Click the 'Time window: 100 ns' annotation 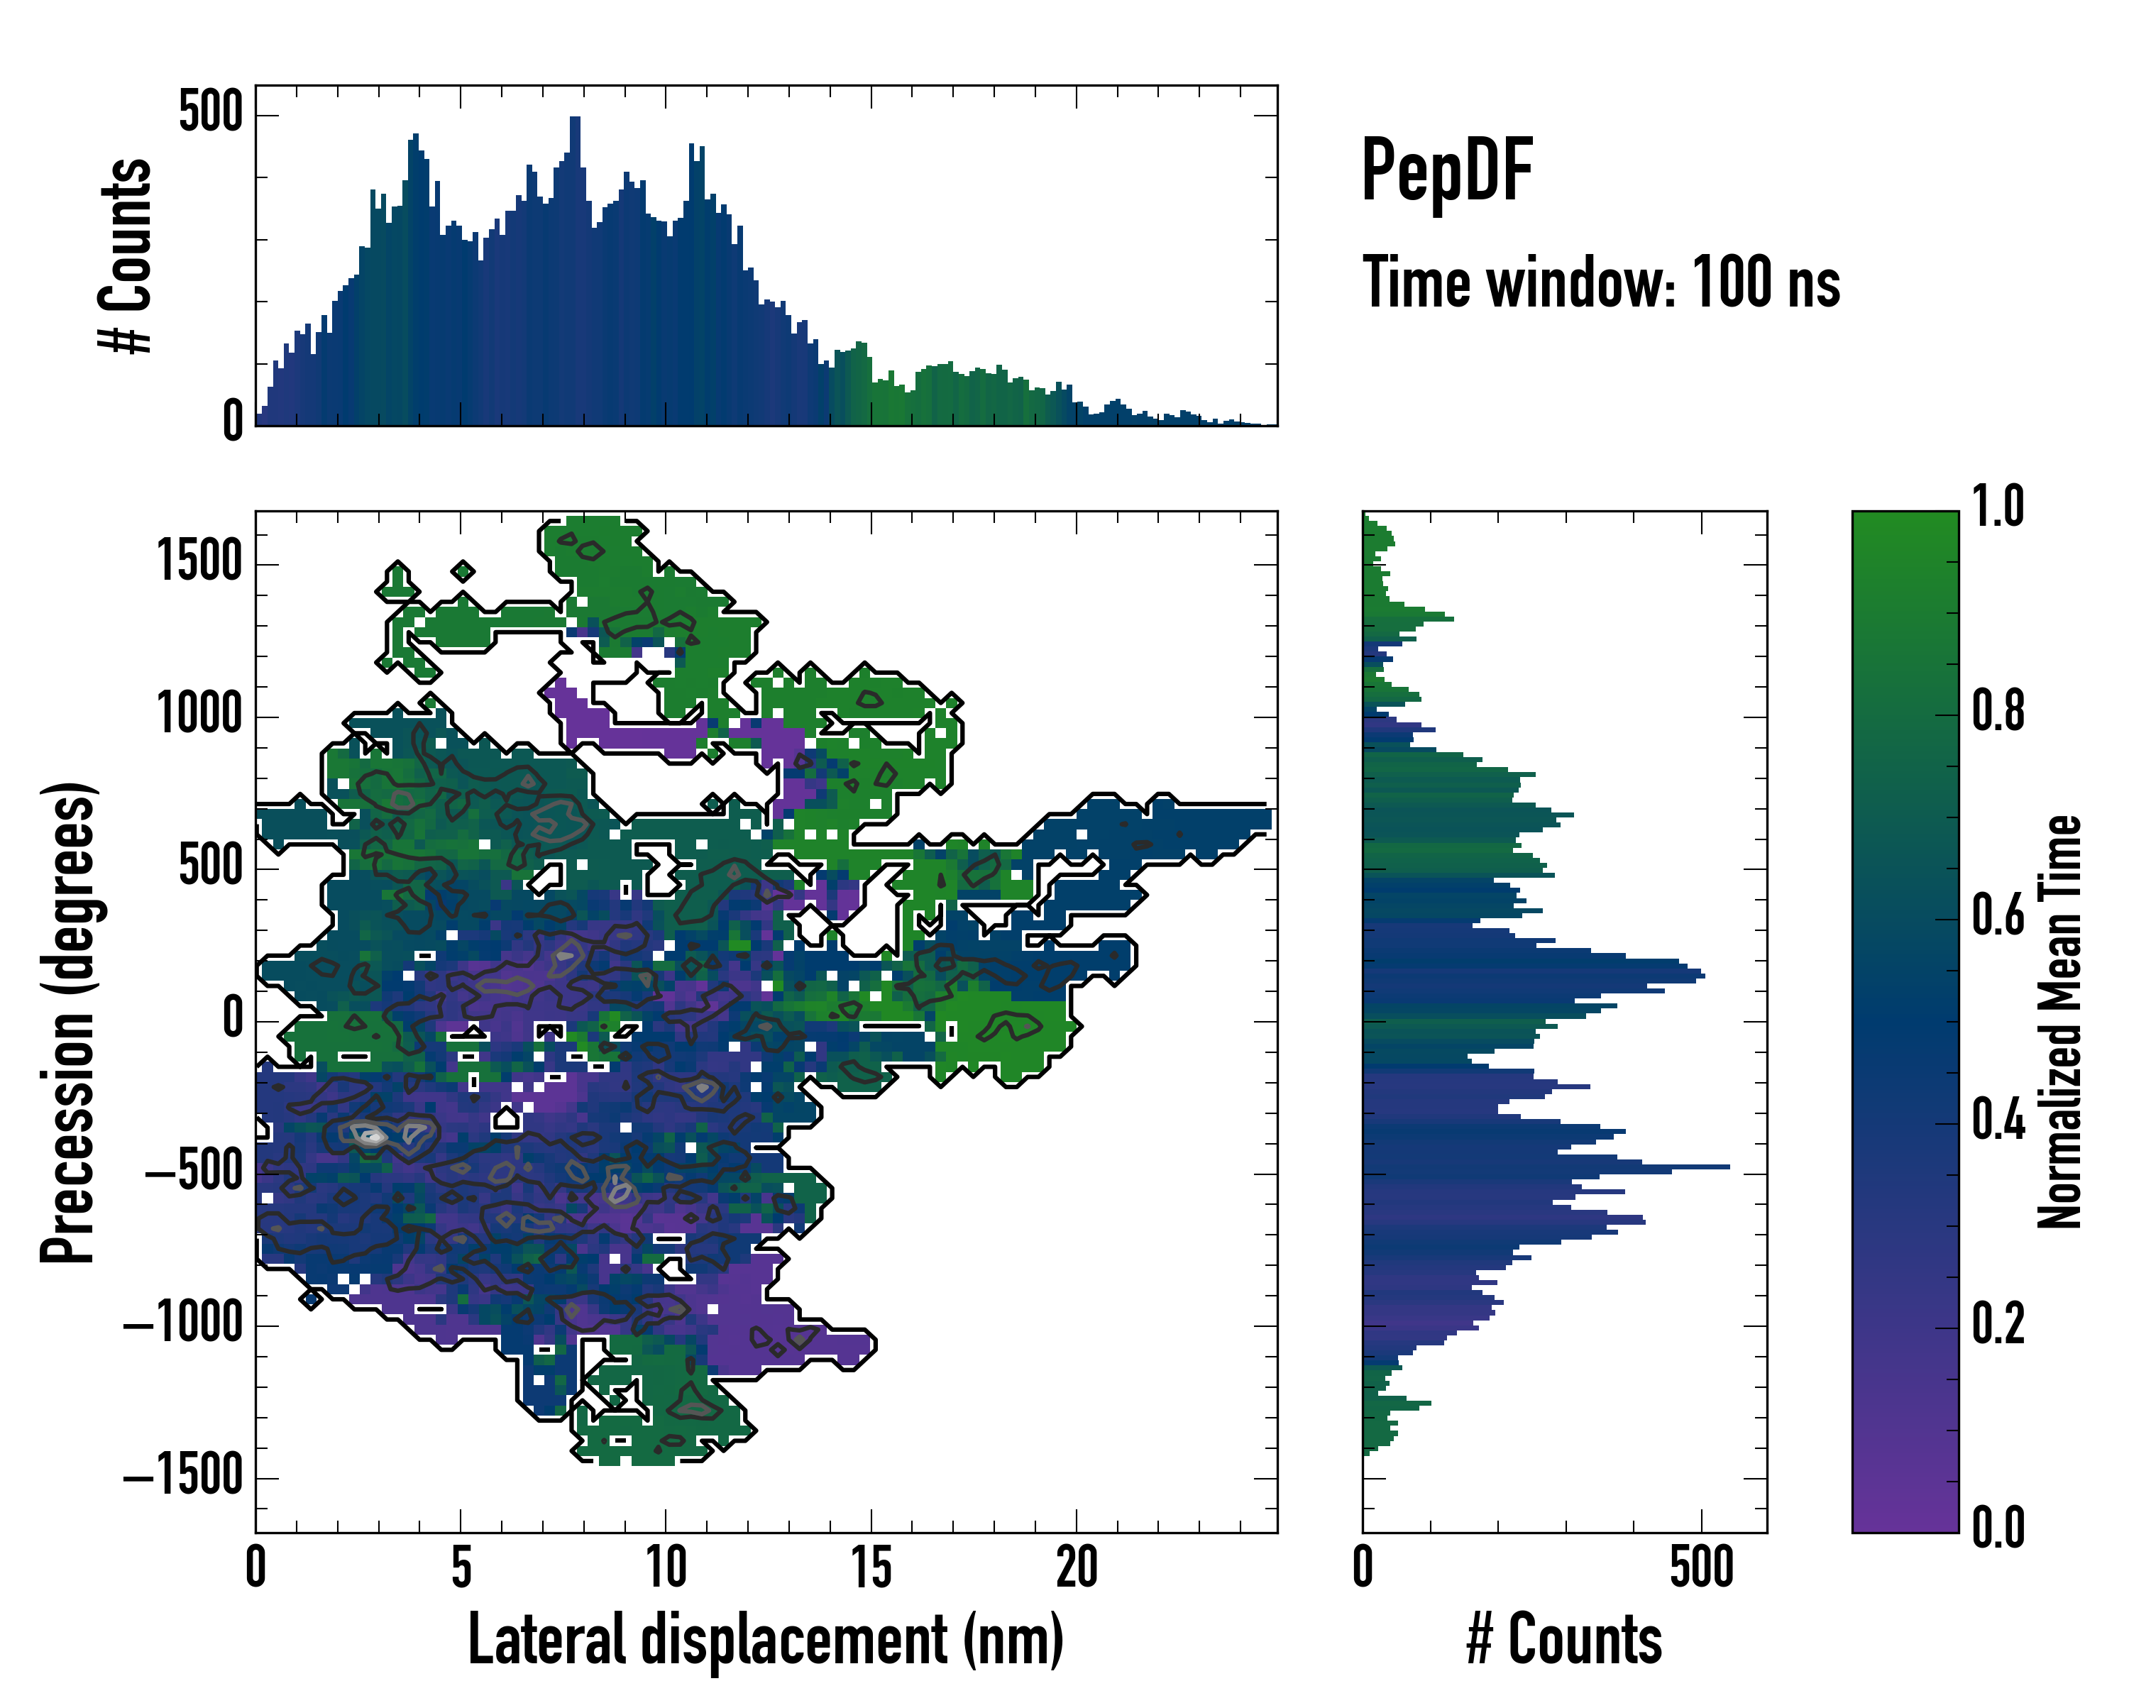coord(1601,282)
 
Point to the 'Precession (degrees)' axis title coord(69,1022)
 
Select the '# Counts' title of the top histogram coord(126,255)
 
